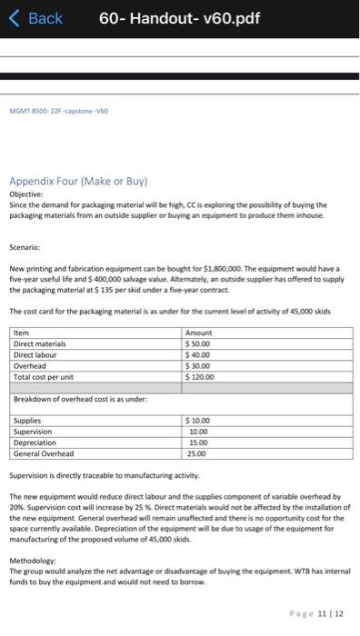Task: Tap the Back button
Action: (37, 18)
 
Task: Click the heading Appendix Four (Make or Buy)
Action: (78, 181)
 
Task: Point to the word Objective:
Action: (26, 194)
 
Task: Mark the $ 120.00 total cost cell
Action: (201, 375)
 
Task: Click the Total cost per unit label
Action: (45, 375)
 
